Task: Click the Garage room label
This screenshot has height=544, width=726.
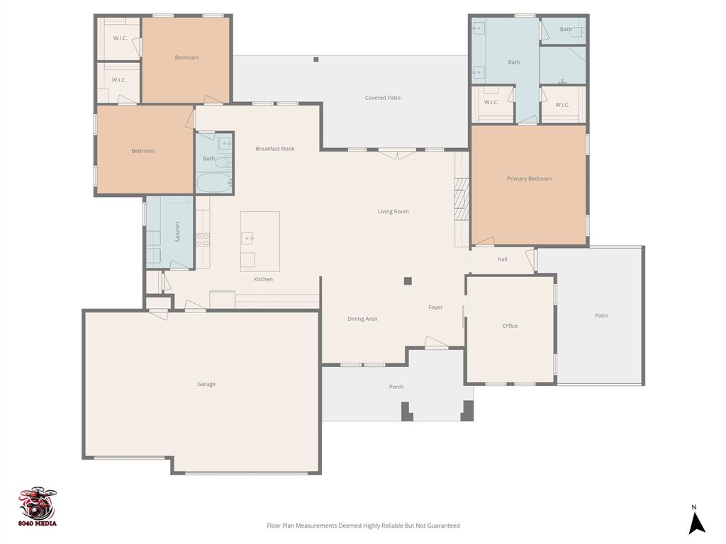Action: [206, 384]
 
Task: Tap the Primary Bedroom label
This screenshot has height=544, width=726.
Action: [529, 178]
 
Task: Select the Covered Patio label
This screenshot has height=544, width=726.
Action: [383, 98]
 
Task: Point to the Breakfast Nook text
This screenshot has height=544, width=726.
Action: [275, 149]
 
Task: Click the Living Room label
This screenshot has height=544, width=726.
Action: [393, 211]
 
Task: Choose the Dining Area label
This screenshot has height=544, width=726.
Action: [362, 319]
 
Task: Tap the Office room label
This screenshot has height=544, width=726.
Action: [510, 326]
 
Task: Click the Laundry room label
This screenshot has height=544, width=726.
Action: [178, 232]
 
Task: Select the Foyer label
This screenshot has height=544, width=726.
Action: [435, 307]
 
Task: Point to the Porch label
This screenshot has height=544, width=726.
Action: [396, 387]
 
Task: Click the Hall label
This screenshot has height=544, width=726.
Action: [502, 259]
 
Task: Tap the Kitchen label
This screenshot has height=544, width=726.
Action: [263, 279]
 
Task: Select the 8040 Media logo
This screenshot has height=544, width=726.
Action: [38, 507]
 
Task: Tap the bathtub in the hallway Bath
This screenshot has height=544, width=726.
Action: [213, 183]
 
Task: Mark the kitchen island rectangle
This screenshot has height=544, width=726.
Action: [259, 241]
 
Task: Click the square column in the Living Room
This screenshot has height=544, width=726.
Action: [408, 280]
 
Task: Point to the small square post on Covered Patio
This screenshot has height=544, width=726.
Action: [316, 59]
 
